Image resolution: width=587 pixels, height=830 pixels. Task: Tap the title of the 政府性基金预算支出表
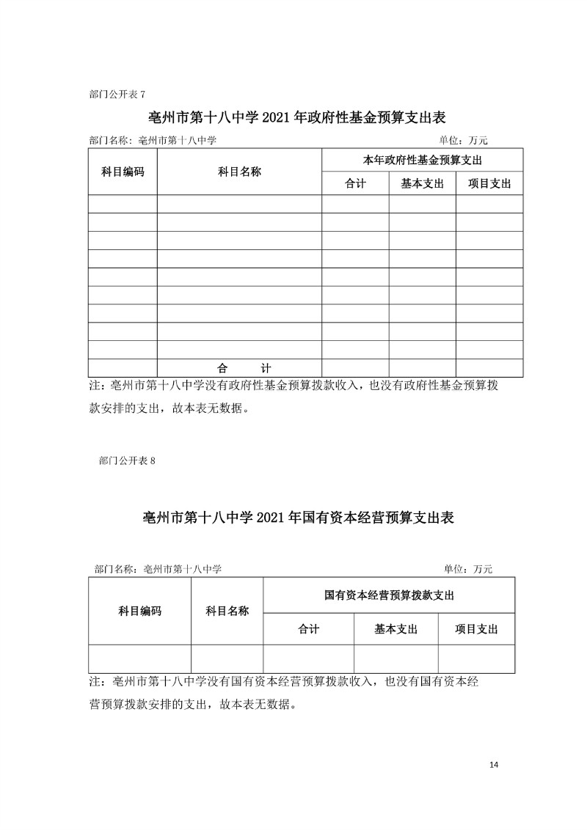[x=297, y=117]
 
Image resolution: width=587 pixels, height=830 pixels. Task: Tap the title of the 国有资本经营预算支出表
[x=298, y=517]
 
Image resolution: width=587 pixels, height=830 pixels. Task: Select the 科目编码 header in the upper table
[x=123, y=172]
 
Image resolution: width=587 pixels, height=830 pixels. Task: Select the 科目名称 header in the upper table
[x=239, y=172]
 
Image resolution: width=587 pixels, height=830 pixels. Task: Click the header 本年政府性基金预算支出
[x=422, y=160]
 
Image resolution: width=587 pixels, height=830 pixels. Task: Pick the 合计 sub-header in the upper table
[x=355, y=184]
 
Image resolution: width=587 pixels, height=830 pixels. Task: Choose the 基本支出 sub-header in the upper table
[x=422, y=184]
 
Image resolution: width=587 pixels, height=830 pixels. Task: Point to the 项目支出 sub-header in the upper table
[x=489, y=184]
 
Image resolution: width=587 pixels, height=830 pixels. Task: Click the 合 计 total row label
[x=239, y=368]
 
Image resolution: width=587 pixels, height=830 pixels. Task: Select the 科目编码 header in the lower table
[x=139, y=611]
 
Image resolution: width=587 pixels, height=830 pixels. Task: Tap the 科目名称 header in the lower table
[x=227, y=611]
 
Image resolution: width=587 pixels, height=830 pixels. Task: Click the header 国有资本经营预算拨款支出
[x=389, y=595]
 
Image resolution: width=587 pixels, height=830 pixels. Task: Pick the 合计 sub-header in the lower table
[x=308, y=628]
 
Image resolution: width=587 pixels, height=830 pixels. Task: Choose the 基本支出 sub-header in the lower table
[x=395, y=628]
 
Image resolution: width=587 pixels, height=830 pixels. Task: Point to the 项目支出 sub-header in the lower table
[x=476, y=628]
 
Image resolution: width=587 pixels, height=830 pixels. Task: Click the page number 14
[x=493, y=765]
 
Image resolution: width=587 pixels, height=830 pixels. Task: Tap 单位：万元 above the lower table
[x=468, y=568]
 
